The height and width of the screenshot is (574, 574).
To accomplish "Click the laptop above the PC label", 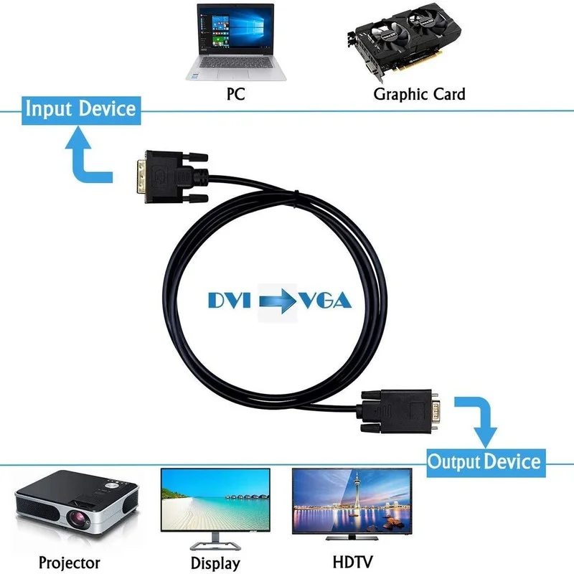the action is [236, 42].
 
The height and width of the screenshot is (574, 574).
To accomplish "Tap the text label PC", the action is [236, 94].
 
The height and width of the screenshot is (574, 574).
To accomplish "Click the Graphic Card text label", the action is [419, 94].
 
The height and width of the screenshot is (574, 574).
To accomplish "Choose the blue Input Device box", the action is [81, 110].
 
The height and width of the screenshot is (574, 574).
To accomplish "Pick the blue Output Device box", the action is [486, 462].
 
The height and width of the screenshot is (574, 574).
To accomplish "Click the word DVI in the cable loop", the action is [230, 300].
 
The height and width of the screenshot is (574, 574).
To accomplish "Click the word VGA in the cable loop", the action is [326, 300].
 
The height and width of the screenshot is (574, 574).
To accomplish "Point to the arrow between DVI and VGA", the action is [278, 301].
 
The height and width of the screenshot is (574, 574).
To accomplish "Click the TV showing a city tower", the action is [352, 504].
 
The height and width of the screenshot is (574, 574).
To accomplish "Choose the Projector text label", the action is [69, 563].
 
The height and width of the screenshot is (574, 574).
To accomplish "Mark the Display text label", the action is [216, 563].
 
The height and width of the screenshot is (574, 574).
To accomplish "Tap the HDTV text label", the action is [352, 562].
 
